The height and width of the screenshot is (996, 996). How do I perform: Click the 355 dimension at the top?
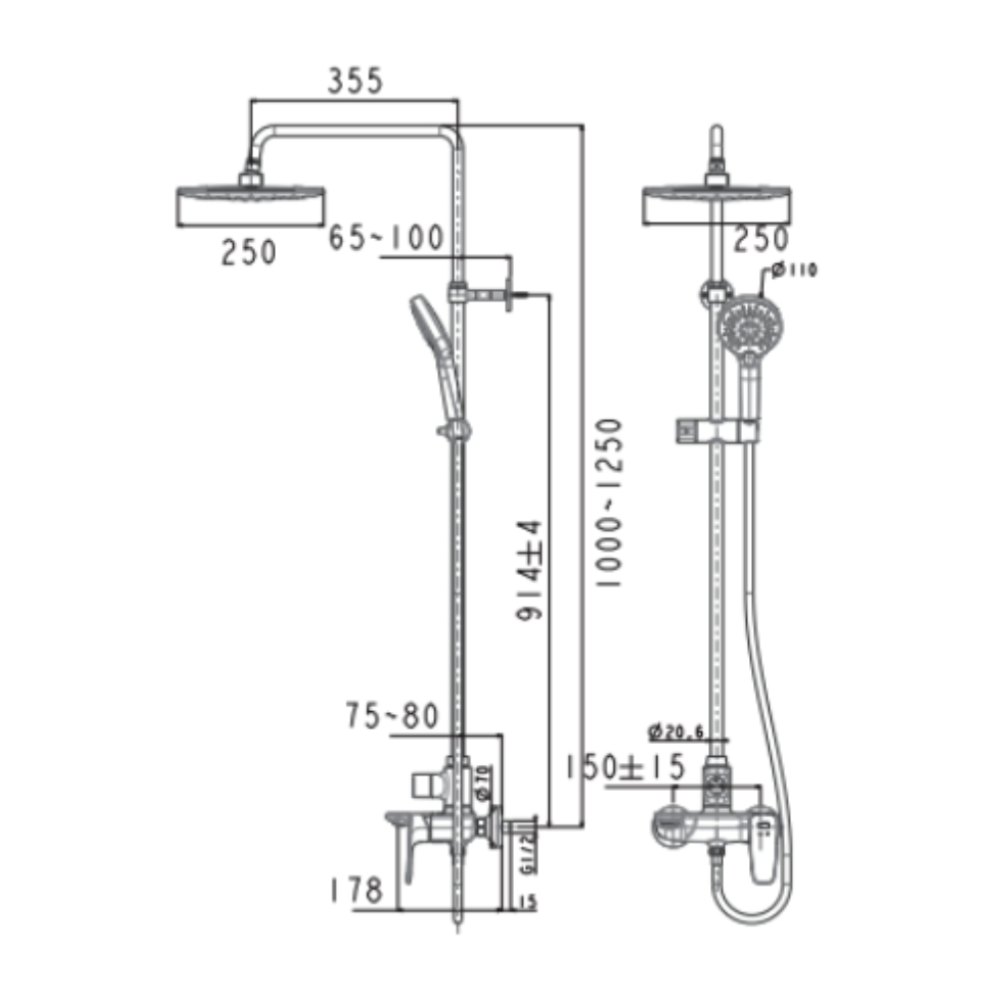pos(355,81)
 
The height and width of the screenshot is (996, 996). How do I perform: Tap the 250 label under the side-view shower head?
pos(249,253)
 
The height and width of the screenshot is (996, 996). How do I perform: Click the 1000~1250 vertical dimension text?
pos(609,504)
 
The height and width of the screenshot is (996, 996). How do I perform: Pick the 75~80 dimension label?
pos(391,715)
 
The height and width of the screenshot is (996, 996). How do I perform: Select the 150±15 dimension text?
pos(624,768)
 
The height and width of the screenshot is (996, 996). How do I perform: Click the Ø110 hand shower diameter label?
pos(794,271)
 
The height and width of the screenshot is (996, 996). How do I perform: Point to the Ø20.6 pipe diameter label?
pos(676,732)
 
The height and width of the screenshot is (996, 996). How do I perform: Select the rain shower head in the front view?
pos(718,203)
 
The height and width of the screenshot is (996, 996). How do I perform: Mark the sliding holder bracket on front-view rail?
pos(716,428)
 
